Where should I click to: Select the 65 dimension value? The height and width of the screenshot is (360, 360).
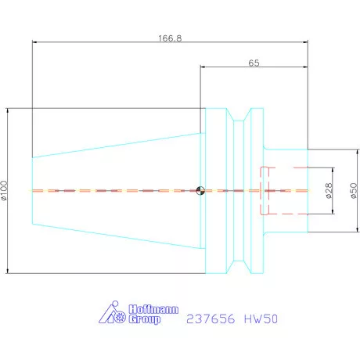(x=254, y=62)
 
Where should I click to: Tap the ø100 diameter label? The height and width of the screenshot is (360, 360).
(x=5, y=190)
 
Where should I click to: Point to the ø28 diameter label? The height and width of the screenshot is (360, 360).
(x=327, y=190)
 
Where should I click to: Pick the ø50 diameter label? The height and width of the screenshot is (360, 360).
(x=353, y=190)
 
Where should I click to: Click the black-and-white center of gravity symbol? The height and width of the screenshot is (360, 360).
(x=200, y=190)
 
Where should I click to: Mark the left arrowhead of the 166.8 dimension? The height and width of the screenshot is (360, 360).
(x=35, y=43)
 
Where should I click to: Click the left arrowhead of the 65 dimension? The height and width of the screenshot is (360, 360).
(x=203, y=68)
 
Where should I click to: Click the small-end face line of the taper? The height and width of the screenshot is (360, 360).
(x=32, y=190)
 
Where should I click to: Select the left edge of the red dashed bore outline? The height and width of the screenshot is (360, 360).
(x=261, y=190)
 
